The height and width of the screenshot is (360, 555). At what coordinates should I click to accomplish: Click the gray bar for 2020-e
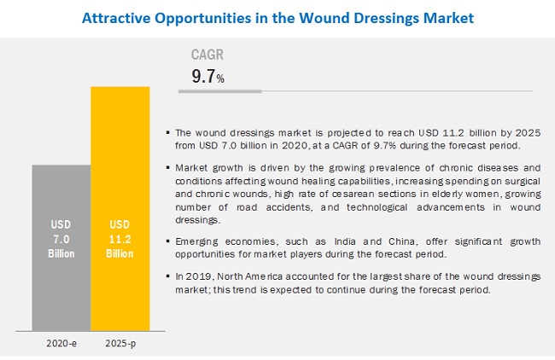pyautogui.click(x=61, y=247)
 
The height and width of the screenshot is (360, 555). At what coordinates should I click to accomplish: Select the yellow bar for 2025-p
pyautogui.click(x=120, y=205)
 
